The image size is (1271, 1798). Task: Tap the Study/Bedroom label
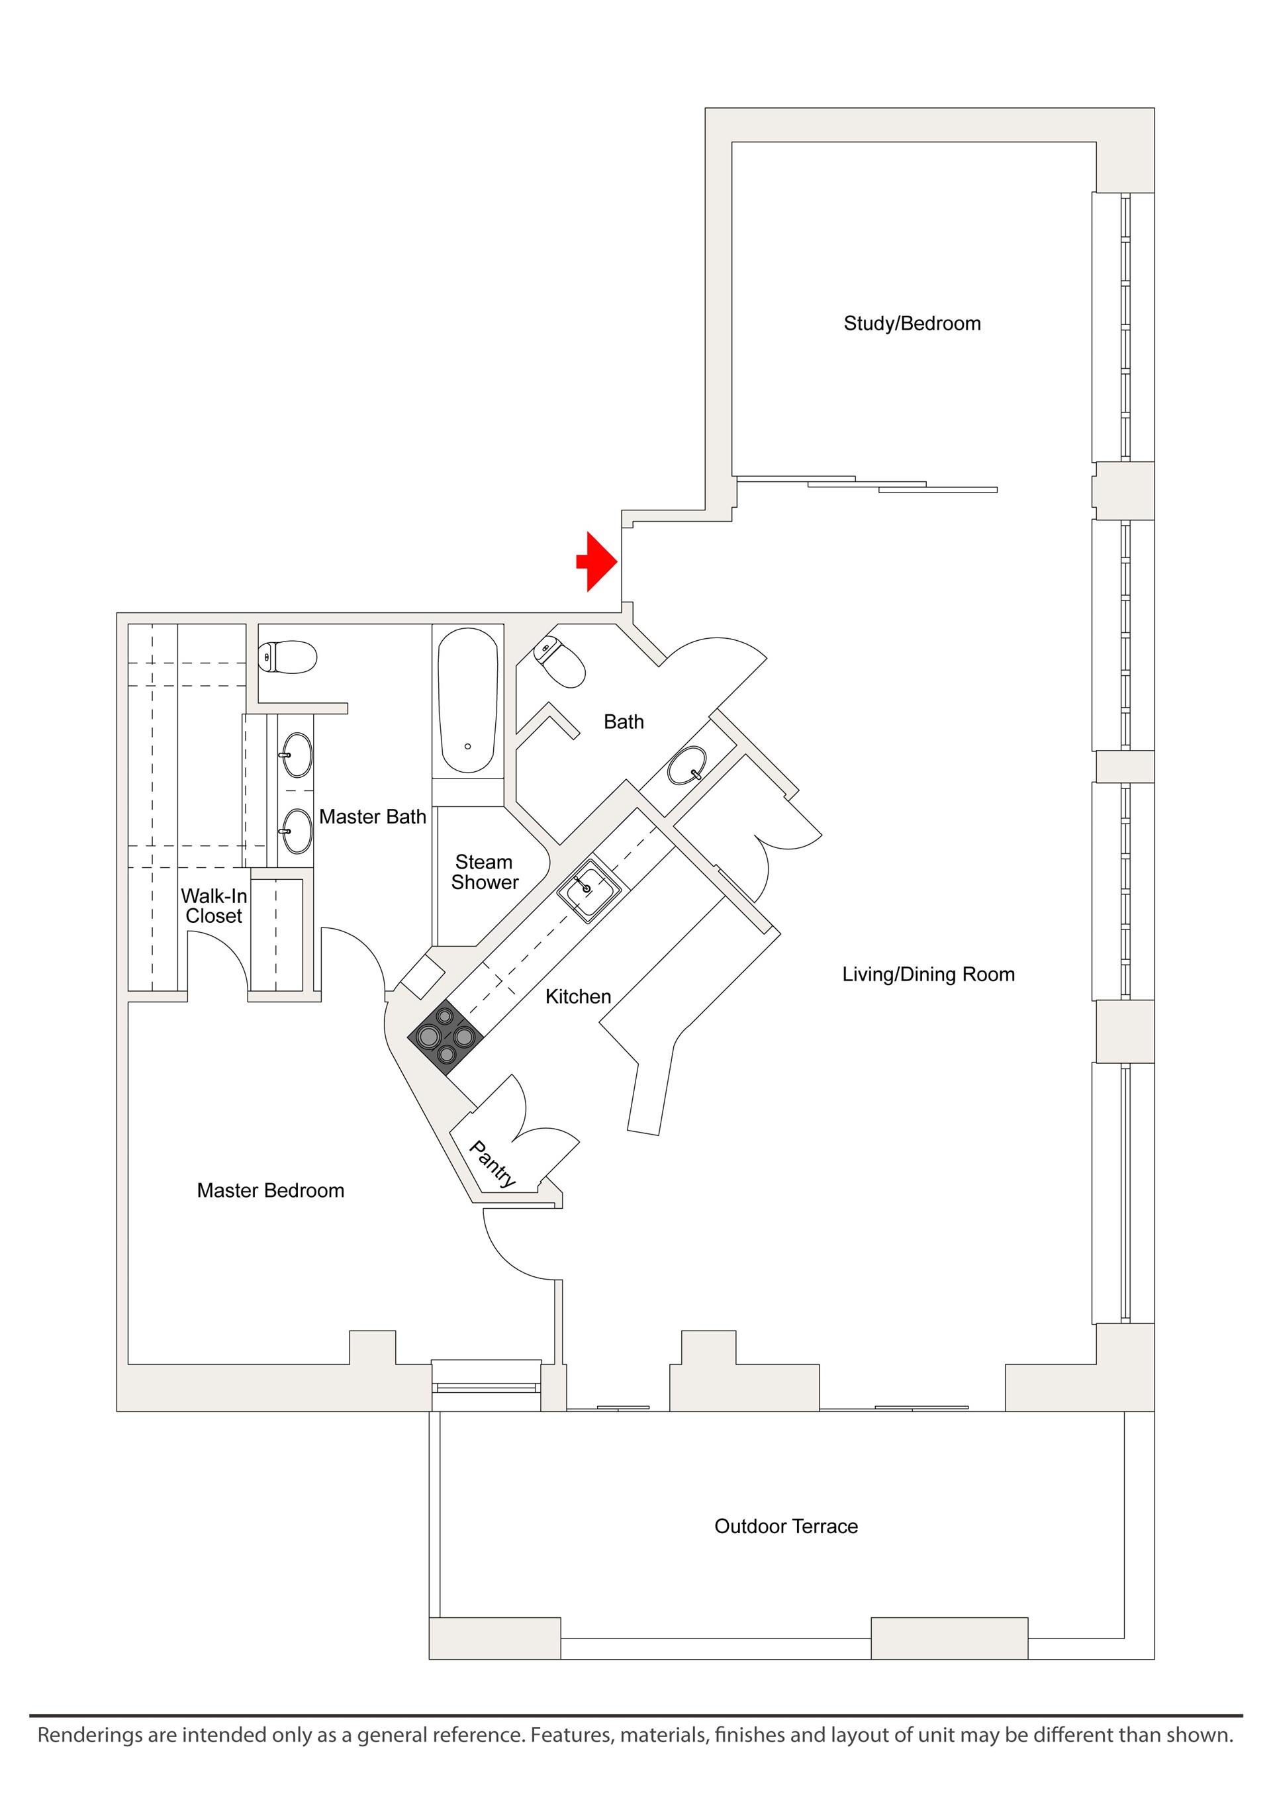point(912,324)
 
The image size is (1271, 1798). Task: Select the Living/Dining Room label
point(928,974)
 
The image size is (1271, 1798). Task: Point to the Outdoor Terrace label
point(786,1527)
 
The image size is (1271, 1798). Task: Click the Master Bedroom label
point(270,1190)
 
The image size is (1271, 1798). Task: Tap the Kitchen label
point(578,996)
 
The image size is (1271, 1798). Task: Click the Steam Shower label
point(485,872)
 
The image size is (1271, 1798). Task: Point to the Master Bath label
point(372,816)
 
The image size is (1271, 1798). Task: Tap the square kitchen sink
point(589,890)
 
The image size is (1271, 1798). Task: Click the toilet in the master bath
point(287,655)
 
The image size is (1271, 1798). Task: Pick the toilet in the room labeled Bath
point(560,663)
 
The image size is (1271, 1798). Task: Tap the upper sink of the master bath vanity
point(297,754)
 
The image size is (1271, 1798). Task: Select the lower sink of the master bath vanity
point(297,830)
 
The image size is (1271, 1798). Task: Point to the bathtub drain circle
point(467,746)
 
